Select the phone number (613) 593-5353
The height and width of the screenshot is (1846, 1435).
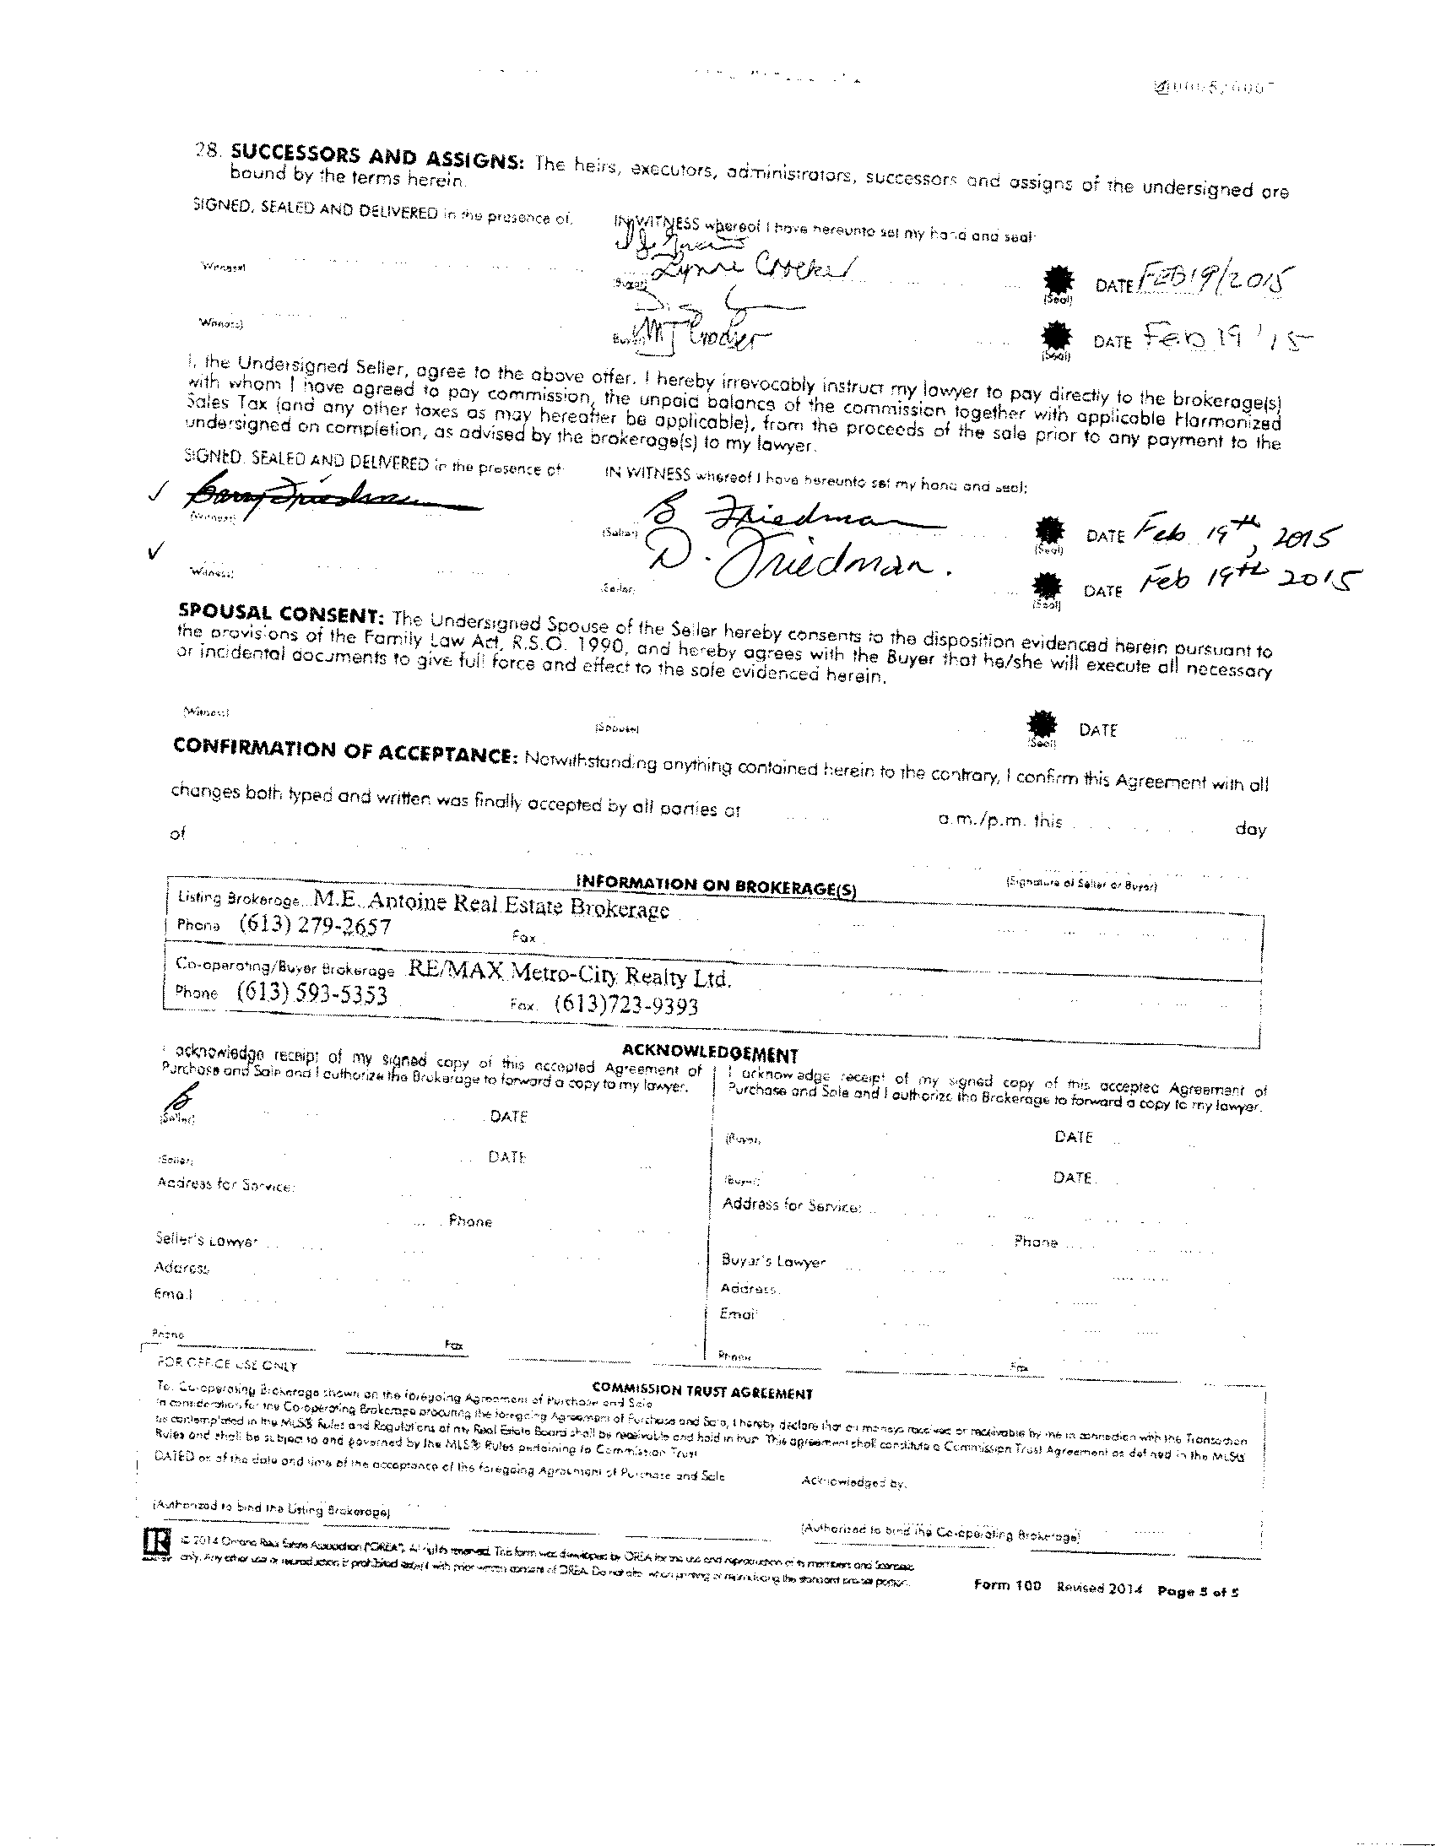pyautogui.click(x=311, y=993)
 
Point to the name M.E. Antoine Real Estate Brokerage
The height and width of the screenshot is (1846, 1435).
pyautogui.click(x=491, y=903)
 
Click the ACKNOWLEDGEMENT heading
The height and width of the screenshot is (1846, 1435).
pyautogui.click(x=710, y=1054)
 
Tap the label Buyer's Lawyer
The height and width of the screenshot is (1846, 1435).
pyautogui.click(x=773, y=1261)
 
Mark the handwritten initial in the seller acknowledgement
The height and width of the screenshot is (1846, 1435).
pyautogui.click(x=180, y=1098)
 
